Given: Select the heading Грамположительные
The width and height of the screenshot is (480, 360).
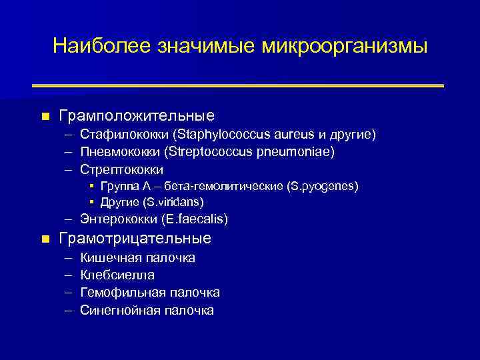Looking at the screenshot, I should [x=136, y=116].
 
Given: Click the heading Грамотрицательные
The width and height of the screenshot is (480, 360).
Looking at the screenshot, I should [x=135, y=238].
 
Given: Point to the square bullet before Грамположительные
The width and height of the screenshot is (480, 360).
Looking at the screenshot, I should [x=45, y=117].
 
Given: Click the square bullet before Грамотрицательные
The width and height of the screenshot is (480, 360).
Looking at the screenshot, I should [x=45, y=239].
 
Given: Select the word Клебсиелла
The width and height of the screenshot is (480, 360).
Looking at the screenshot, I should [x=117, y=275].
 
